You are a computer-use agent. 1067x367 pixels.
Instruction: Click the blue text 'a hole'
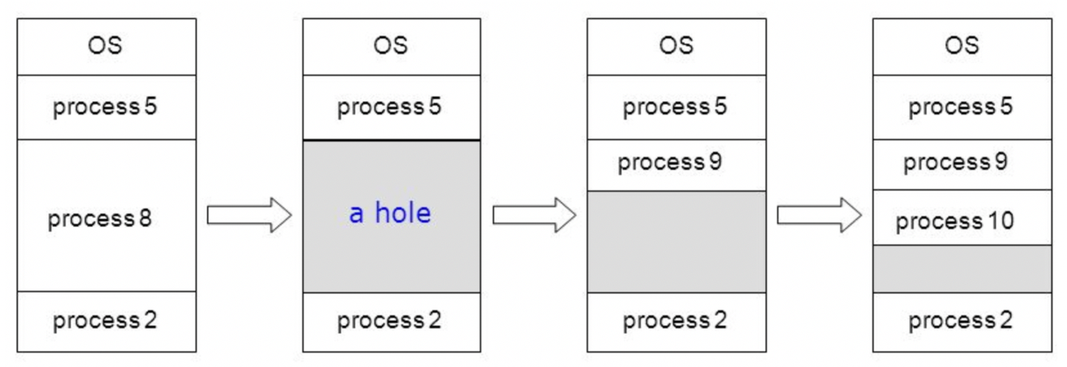click(390, 214)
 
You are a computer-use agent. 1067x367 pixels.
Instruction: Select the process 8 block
click(106, 215)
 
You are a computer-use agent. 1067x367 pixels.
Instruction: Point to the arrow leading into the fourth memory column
click(819, 215)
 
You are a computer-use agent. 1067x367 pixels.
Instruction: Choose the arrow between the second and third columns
click(533, 215)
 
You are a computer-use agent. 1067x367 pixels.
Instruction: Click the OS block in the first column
click(106, 46)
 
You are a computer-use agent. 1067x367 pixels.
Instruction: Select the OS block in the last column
click(961, 46)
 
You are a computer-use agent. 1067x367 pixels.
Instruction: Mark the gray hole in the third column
click(676, 242)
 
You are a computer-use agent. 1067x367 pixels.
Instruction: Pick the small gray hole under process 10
click(961, 269)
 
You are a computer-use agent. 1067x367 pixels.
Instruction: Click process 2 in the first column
click(106, 322)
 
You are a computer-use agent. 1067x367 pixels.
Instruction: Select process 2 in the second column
click(391, 322)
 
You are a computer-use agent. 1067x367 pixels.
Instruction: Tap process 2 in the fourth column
click(961, 322)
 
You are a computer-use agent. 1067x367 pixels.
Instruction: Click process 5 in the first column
click(106, 107)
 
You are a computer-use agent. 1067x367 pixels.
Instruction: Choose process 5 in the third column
click(676, 107)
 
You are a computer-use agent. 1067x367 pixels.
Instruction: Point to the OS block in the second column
click(391, 46)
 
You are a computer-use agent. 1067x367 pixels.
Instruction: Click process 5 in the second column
click(391, 107)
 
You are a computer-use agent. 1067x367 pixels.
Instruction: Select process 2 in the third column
click(676, 322)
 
